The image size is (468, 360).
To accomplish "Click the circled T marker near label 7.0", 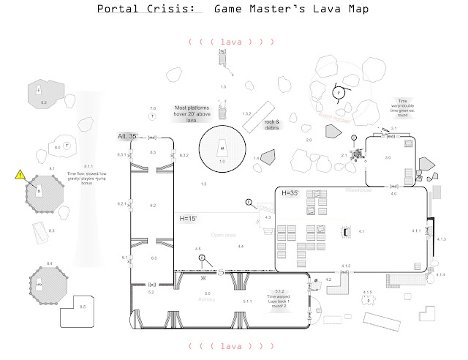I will [152, 116].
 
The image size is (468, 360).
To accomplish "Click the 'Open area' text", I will [222, 236].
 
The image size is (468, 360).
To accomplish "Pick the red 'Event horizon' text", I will [334, 117].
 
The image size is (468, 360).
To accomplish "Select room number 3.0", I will [388, 157].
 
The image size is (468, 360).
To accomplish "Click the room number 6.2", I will [153, 206].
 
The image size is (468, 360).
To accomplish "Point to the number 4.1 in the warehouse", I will [361, 231].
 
